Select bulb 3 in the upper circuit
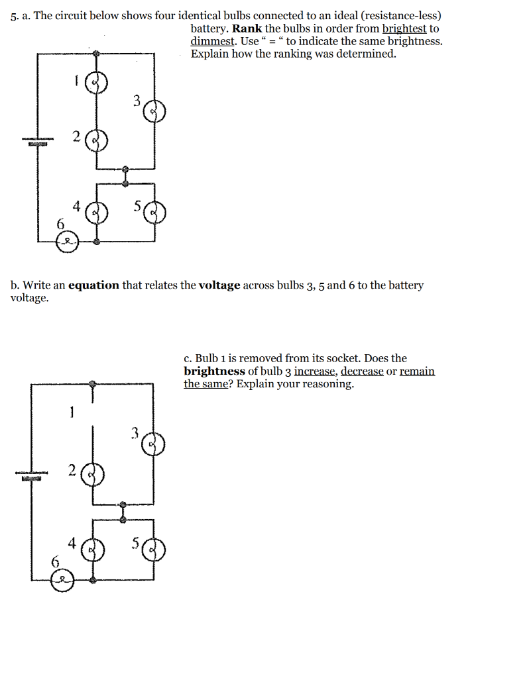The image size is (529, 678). (x=155, y=112)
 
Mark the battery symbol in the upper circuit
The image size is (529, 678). (x=37, y=142)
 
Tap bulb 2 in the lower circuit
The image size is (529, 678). (x=93, y=475)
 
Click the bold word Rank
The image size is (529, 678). (x=247, y=29)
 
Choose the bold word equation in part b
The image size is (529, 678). (x=94, y=285)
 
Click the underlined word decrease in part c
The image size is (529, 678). (x=362, y=371)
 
